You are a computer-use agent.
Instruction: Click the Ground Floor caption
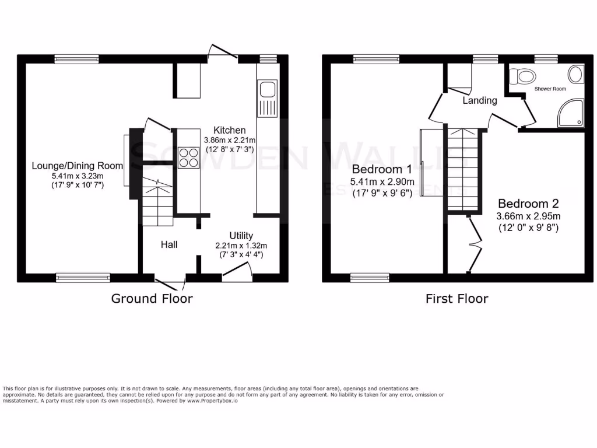click(152, 299)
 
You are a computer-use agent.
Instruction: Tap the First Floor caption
click(456, 299)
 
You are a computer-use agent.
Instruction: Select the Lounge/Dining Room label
click(77, 166)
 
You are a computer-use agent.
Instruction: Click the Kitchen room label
click(229, 130)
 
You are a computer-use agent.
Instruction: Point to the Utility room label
click(241, 235)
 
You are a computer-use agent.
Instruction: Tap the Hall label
click(169, 244)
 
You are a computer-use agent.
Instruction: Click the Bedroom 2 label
click(528, 204)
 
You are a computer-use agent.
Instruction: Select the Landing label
click(480, 100)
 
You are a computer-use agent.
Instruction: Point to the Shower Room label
click(550, 89)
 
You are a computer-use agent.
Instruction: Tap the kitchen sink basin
click(268, 89)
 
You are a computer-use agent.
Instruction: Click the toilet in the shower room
click(523, 76)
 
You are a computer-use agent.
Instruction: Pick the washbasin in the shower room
click(575, 74)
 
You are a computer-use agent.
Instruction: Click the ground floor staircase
click(158, 203)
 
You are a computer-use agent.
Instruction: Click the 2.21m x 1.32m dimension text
click(241, 245)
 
